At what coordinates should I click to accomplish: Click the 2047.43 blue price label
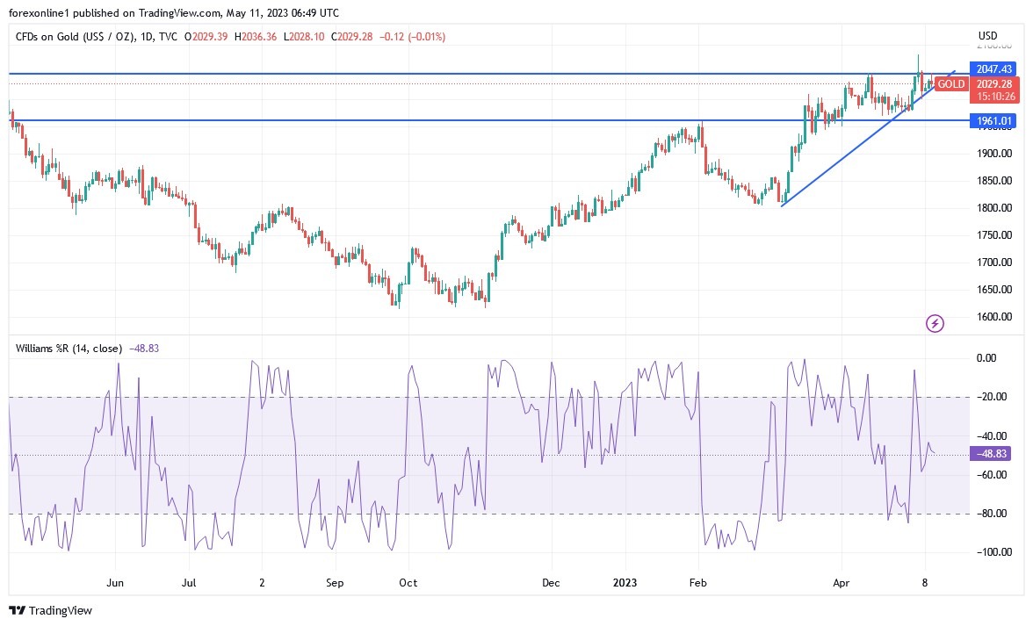(x=993, y=68)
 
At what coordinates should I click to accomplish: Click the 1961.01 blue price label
(x=993, y=120)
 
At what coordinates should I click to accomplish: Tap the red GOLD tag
(x=950, y=84)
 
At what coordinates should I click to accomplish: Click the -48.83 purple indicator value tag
(x=993, y=454)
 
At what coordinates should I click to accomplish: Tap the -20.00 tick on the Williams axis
(x=993, y=397)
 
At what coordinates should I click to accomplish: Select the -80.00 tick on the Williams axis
(x=993, y=514)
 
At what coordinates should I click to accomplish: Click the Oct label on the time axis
(x=407, y=582)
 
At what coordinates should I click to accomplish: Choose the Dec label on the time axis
(x=551, y=582)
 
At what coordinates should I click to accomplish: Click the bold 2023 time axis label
(x=625, y=582)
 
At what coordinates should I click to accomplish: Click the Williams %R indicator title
(x=69, y=348)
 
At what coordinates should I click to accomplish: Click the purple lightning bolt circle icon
(x=935, y=324)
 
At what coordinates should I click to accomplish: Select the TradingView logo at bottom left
(x=50, y=610)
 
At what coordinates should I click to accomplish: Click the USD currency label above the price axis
(x=988, y=36)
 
